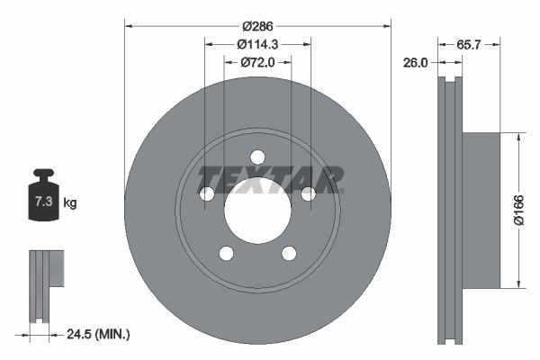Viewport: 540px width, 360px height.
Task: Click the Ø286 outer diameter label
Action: [257, 15]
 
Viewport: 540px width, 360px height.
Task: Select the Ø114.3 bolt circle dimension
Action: [257, 43]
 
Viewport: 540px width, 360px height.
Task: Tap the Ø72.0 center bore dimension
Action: [257, 62]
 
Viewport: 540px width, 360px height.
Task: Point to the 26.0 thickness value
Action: [416, 63]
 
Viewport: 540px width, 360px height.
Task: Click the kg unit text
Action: [70, 203]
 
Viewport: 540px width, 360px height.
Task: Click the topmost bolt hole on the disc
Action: [257, 156]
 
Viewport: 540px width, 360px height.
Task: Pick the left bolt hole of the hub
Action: [206, 193]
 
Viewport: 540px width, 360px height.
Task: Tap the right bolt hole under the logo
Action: [308, 193]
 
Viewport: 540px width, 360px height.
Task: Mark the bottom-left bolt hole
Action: [226, 253]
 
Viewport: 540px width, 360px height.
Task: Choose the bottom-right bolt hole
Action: [289, 253]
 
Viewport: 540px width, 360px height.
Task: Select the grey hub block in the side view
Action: [481, 211]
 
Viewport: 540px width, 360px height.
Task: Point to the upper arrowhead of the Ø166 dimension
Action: [519, 138]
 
